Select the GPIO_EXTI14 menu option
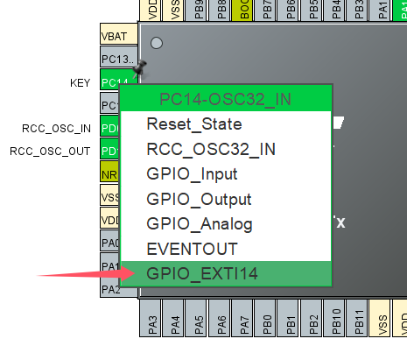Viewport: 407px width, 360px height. [x=202, y=273]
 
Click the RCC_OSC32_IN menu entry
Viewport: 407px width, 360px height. [x=210, y=149]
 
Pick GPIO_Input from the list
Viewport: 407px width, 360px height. [x=192, y=173]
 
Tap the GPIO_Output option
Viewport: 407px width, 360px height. [x=199, y=199]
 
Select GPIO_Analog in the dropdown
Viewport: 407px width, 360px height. [x=199, y=223]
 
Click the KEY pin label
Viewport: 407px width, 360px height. [x=81, y=83]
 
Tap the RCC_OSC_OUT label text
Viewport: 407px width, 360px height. [x=50, y=151]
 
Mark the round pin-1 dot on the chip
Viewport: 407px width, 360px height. [x=157, y=42]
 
